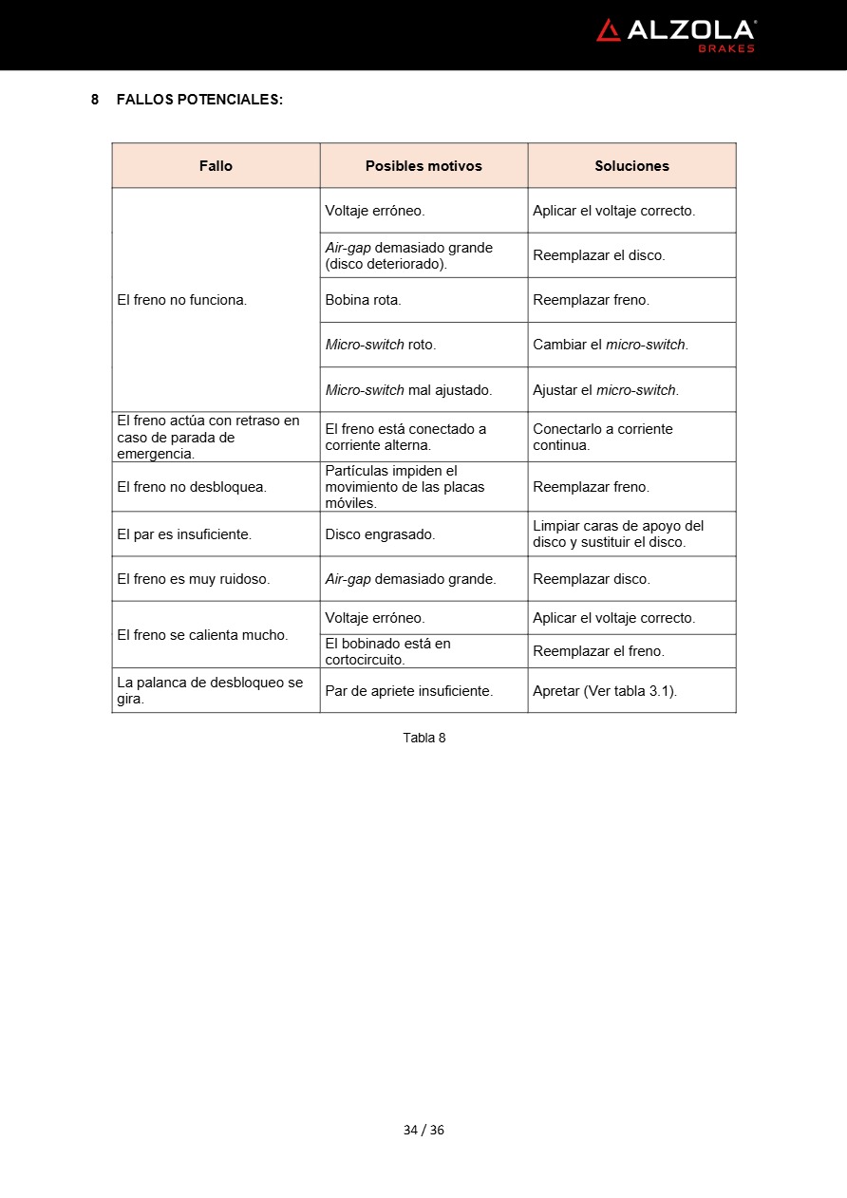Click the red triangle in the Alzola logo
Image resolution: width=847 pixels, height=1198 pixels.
click(x=608, y=30)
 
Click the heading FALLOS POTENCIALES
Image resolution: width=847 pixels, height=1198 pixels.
click(x=199, y=99)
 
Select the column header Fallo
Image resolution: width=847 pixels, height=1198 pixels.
click(x=216, y=166)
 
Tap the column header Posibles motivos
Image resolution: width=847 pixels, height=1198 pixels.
click(x=423, y=166)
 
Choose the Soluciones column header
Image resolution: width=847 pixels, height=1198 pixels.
click(x=631, y=166)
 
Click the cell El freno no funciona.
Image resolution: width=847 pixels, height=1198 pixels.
click(x=182, y=300)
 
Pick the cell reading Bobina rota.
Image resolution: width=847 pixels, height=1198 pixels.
click(x=364, y=300)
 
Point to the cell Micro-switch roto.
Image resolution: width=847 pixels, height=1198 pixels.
click(x=381, y=345)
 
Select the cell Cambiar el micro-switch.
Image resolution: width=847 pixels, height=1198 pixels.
click(x=611, y=345)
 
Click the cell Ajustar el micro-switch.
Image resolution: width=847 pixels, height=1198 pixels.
click(x=606, y=390)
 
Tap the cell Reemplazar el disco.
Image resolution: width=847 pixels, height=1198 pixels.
click(x=599, y=255)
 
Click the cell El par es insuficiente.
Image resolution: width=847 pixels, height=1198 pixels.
click(x=184, y=534)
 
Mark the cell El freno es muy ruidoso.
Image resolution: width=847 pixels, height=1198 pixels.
click(x=194, y=579)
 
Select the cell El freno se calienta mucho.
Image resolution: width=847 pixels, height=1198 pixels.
click(x=202, y=635)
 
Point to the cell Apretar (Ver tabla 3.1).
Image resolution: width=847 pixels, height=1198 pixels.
click(x=605, y=691)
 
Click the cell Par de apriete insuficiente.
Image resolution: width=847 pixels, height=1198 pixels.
click(x=409, y=691)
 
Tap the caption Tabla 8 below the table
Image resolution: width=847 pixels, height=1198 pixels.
click(x=423, y=738)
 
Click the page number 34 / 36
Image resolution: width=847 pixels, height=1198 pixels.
click(x=423, y=1130)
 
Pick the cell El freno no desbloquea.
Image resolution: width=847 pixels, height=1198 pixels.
click(x=192, y=487)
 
